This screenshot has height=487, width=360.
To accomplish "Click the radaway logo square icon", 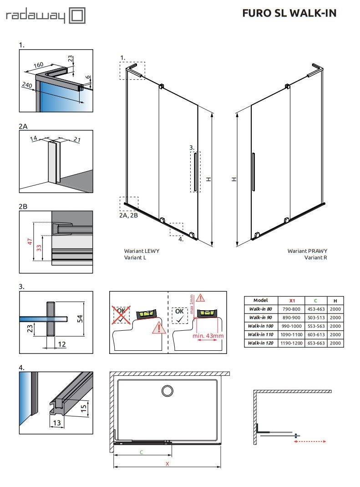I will [78, 16].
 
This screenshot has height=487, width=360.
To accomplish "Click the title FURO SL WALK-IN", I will [289, 13].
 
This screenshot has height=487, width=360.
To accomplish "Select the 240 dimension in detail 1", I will [26, 85].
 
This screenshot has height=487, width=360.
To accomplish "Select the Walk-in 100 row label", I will [261, 326].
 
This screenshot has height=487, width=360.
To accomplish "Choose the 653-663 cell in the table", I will [315, 343].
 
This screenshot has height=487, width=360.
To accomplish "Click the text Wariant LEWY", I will [142, 251].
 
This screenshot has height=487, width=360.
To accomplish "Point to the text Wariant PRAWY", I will [307, 251].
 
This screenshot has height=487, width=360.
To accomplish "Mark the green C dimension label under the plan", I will [142, 452].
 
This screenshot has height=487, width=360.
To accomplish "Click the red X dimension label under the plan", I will [167, 464].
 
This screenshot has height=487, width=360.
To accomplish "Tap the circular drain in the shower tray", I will [167, 390].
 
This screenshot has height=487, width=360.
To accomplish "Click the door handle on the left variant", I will [195, 172].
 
